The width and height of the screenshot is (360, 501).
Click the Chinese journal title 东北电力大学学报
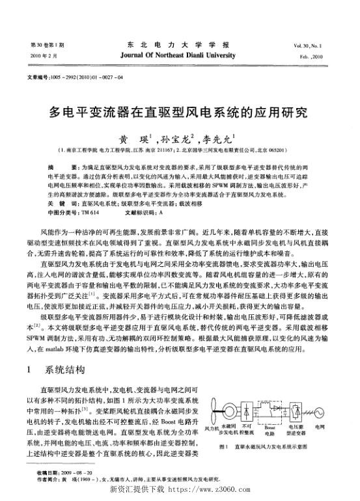pyautogui.click(x=179, y=44)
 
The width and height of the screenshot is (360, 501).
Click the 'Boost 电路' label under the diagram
pyautogui.click(x=270, y=431)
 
